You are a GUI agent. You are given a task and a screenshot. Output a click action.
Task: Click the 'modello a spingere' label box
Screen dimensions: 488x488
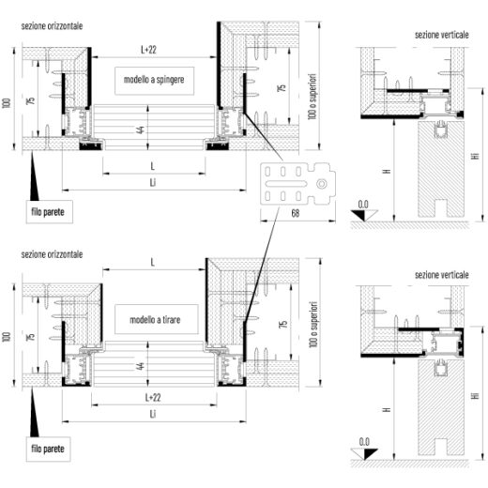click(x=154, y=81)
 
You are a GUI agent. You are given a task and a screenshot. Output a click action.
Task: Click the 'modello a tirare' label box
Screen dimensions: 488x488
click(x=157, y=319)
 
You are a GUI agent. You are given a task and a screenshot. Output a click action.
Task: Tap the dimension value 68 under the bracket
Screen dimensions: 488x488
click(x=296, y=213)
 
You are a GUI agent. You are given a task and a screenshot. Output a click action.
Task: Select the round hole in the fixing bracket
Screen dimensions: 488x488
click(x=322, y=184)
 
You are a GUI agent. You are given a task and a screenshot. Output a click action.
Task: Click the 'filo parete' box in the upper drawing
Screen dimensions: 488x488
click(x=50, y=212)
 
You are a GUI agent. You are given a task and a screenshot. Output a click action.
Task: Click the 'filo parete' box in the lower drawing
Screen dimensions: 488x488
click(x=48, y=449)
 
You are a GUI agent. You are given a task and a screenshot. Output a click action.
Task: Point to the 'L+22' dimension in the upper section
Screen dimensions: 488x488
click(x=148, y=50)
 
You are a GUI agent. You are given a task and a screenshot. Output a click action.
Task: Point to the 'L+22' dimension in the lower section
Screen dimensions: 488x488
click(x=153, y=398)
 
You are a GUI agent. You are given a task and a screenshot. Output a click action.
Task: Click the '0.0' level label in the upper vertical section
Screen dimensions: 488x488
click(x=363, y=205)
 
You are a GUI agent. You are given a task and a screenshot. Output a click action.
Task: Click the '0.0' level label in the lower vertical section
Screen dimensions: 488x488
click(x=364, y=442)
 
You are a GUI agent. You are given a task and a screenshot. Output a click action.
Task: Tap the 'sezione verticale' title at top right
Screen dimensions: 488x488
click(x=442, y=35)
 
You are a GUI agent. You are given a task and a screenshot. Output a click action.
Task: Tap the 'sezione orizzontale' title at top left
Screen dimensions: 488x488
click(x=52, y=26)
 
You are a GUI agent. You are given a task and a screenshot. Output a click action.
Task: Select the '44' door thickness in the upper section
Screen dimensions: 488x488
click(x=141, y=130)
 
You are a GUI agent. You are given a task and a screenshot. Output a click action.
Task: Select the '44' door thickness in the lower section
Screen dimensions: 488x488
click(x=141, y=366)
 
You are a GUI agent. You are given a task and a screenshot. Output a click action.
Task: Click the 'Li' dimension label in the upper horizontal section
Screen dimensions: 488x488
click(x=153, y=182)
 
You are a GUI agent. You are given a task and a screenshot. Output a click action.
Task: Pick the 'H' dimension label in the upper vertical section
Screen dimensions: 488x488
click(x=388, y=171)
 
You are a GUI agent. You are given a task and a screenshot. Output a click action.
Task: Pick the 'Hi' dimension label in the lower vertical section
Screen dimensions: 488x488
click(x=476, y=396)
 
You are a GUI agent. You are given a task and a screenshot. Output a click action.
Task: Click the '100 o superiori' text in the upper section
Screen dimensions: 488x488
click(x=313, y=97)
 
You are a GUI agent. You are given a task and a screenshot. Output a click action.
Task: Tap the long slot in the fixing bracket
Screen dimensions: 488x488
click(x=285, y=184)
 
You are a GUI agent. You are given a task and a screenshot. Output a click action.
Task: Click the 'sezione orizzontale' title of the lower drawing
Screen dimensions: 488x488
click(x=52, y=254)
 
